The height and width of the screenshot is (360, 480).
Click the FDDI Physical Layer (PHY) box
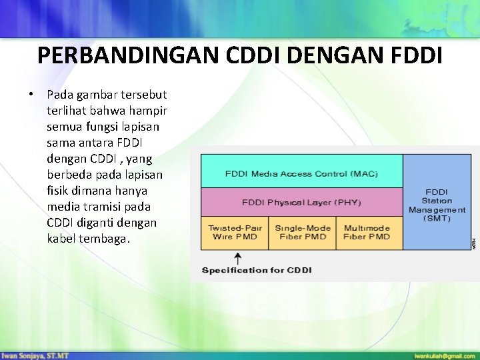(x=301, y=202)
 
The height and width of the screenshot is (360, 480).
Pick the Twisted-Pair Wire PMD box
(x=235, y=233)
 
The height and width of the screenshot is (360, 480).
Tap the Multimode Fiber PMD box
(x=369, y=233)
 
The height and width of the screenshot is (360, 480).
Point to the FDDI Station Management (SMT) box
(x=437, y=202)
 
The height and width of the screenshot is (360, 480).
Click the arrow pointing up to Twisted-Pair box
(x=239, y=257)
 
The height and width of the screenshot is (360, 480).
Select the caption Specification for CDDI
(x=257, y=270)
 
